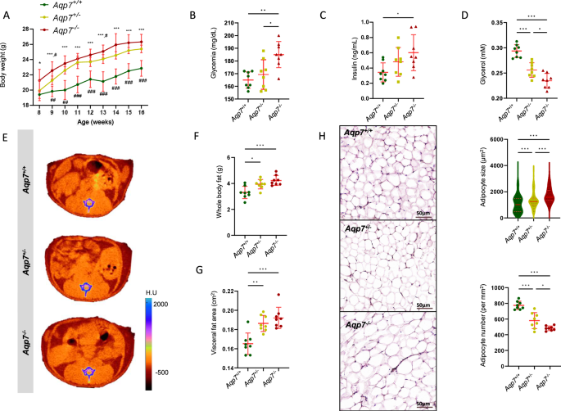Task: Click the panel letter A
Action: click(6, 14)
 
